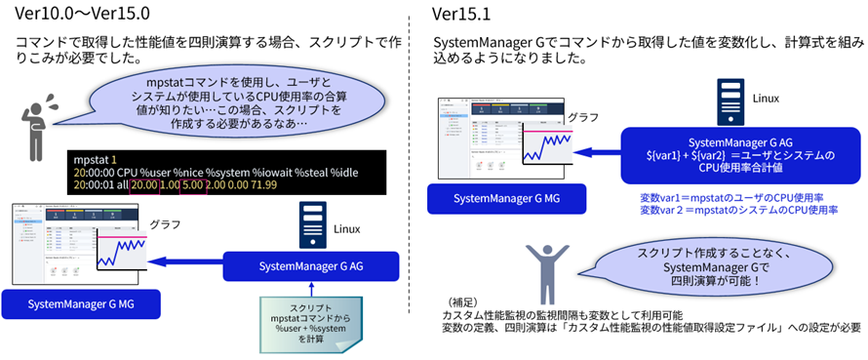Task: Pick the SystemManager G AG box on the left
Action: (x=311, y=265)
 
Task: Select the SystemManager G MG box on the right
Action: (x=507, y=200)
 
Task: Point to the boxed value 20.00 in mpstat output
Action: (x=143, y=184)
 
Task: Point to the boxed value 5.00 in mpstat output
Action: (x=194, y=184)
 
